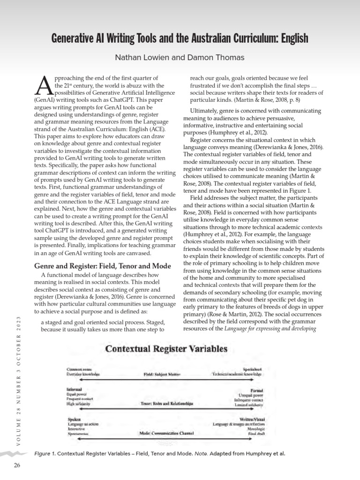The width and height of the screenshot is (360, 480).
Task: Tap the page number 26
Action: (17, 465)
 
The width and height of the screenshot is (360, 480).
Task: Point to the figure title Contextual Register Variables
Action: (166, 349)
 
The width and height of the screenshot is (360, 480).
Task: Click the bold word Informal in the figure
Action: (74, 390)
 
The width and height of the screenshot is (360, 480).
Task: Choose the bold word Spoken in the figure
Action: (74, 419)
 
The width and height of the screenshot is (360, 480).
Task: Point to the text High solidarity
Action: (78, 404)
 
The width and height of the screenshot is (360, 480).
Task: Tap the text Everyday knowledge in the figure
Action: (83, 375)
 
